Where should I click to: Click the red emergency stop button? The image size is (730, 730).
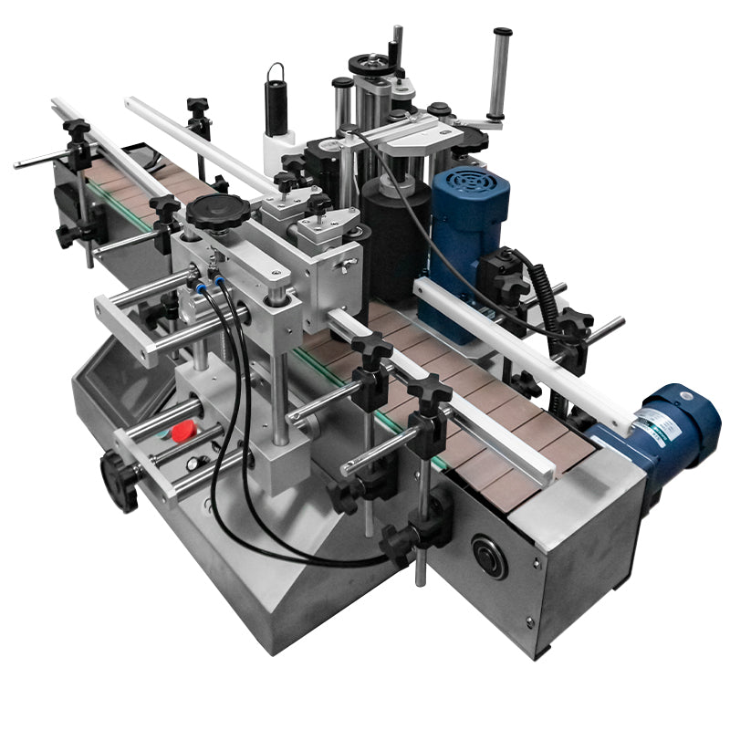(x=185, y=430)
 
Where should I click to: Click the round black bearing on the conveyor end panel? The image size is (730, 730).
(x=489, y=556)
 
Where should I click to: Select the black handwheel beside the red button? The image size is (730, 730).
(x=119, y=479)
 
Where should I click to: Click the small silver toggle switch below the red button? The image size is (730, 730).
(x=193, y=463)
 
